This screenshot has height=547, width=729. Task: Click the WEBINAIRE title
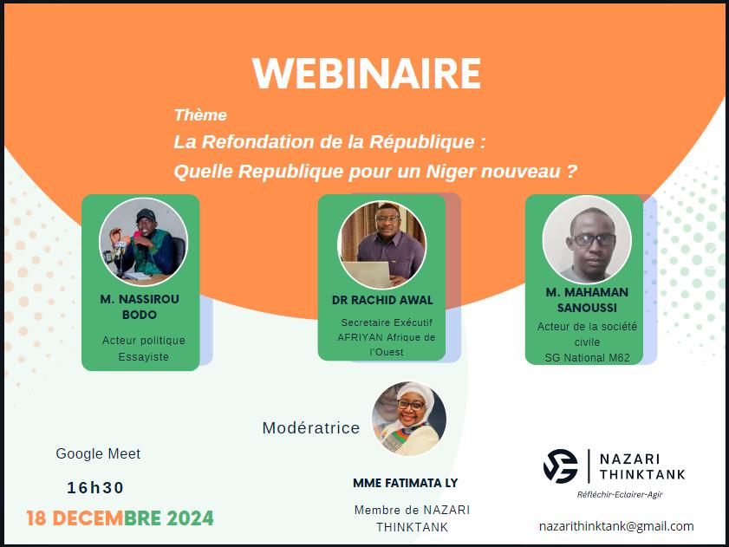(x=367, y=73)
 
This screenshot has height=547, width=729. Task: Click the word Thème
(x=200, y=115)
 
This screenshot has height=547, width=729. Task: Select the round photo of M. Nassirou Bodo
(x=143, y=242)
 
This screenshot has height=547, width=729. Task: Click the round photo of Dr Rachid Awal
(x=381, y=244)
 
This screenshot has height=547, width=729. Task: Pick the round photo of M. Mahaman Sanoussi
(x=587, y=239)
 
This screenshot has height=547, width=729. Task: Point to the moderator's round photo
(x=409, y=419)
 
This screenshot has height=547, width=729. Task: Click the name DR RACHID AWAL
(x=382, y=300)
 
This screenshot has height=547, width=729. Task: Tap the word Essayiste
(x=143, y=357)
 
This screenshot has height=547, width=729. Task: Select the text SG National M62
(x=587, y=358)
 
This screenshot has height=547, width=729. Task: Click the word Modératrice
(x=311, y=428)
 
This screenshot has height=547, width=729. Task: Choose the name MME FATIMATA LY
(x=406, y=483)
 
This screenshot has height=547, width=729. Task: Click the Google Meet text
(x=98, y=453)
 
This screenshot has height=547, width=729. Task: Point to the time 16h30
(x=95, y=487)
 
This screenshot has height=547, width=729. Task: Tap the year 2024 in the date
(x=190, y=518)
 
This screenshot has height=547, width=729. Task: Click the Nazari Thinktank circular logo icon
(x=561, y=466)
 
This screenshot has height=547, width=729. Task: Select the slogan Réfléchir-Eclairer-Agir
(x=620, y=494)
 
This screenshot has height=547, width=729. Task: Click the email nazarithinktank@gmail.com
(x=616, y=526)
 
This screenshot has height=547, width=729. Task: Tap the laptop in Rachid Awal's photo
(x=368, y=275)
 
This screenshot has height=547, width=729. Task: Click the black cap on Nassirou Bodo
(x=146, y=215)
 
